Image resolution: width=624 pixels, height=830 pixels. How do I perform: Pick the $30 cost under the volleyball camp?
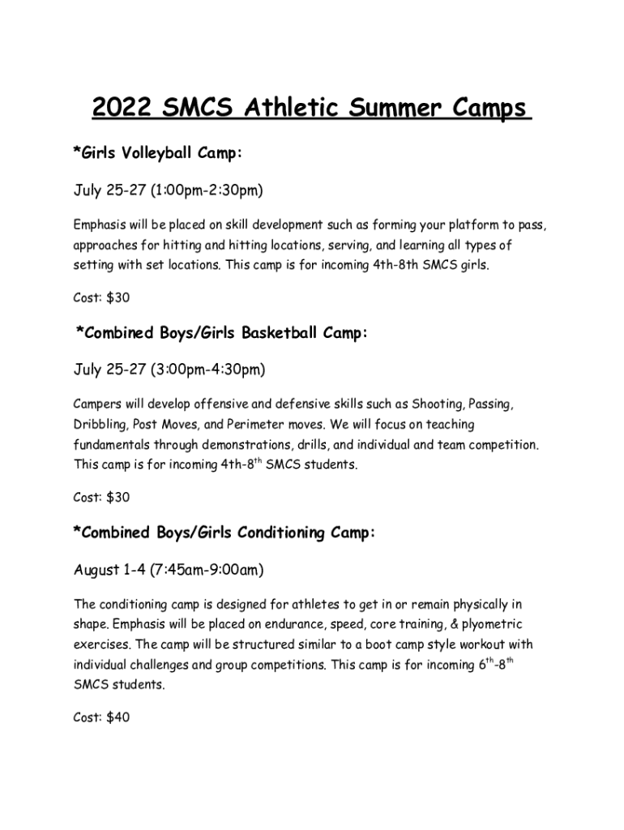tap(118, 297)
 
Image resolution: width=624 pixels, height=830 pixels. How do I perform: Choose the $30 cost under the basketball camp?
tap(118, 497)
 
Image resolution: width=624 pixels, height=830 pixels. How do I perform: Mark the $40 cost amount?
tap(118, 717)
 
